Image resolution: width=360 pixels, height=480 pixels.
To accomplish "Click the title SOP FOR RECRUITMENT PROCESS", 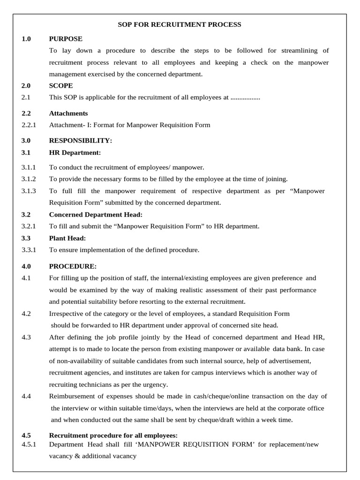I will click(x=180, y=24).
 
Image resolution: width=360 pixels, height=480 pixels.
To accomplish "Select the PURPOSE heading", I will click(x=66, y=39).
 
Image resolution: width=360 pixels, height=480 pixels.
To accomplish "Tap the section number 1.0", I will click(x=26, y=39).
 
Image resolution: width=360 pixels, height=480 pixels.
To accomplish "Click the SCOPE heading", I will click(x=61, y=86).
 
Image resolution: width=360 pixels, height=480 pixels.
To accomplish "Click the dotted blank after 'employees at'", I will click(x=246, y=97).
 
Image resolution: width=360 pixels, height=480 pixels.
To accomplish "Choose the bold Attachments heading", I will click(x=68, y=113).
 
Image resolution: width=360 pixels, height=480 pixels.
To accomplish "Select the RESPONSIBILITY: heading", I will click(x=81, y=141).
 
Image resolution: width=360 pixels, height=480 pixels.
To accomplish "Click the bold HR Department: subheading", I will click(x=75, y=152).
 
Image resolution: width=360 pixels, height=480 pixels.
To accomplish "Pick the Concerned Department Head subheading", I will click(x=96, y=215).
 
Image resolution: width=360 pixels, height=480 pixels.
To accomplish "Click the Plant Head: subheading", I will click(x=67, y=238).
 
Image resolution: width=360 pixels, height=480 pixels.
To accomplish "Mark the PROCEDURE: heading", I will click(x=73, y=266).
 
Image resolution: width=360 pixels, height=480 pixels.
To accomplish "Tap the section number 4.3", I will click(x=26, y=337).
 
